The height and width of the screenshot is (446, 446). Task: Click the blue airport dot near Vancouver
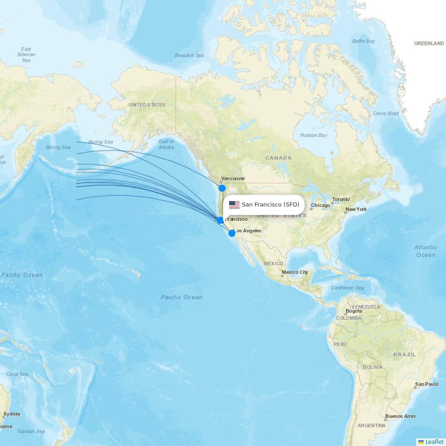(x=222, y=188)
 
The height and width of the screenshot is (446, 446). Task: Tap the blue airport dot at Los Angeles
(x=231, y=233)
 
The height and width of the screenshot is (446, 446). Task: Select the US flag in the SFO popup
(x=234, y=205)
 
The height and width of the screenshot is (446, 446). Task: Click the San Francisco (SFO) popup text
(x=270, y=205)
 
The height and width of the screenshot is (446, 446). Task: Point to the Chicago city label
(x=321, y=205)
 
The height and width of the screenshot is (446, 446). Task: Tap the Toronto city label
(x=341, y=199)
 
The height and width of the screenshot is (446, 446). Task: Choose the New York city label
(x=356, y=209)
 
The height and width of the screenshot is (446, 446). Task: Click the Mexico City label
(x=295, y=272)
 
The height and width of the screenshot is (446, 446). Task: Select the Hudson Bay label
(x=314, y=135)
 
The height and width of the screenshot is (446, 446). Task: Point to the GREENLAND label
(x=429, y=43)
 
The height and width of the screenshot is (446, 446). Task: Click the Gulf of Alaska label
(x=166, y=145)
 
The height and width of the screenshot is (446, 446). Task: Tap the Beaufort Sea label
(x=189, y=55)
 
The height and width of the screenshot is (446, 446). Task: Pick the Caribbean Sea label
(x=347, y=288)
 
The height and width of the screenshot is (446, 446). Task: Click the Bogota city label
(x=354, y=311)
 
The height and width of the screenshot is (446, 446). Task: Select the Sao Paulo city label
(x=426, y=384)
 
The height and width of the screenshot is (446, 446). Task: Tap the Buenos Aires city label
(x=400, y=416)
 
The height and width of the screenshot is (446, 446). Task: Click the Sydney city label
(x=12, y=414)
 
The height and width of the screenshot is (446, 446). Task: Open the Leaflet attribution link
(x=434, y=442)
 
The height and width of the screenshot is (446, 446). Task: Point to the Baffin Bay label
(x=363, y=41)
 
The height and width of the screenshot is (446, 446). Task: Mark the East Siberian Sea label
(x=26, y=54)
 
